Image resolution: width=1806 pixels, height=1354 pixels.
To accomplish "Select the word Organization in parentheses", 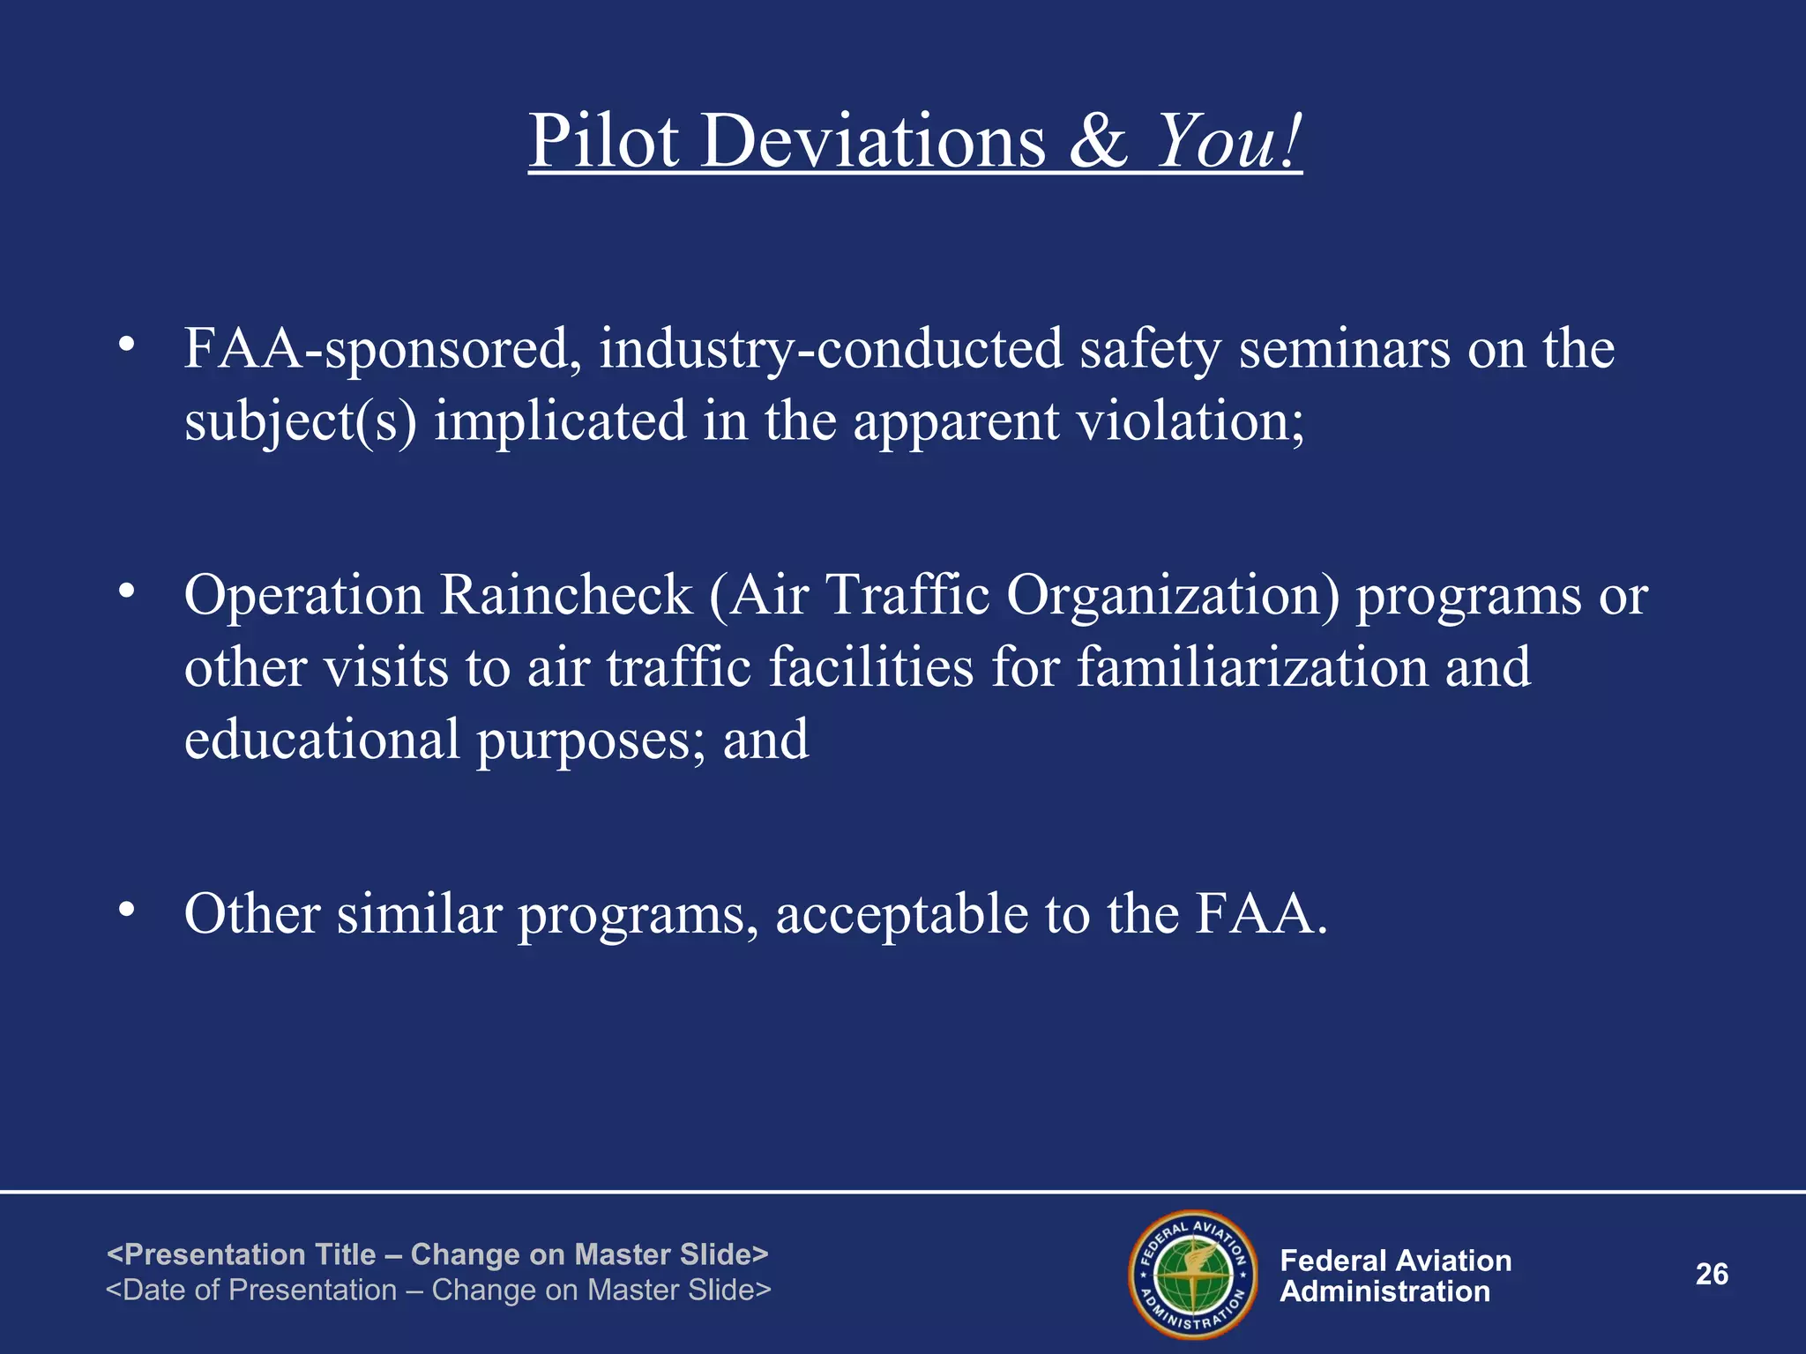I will tap(1173, 595).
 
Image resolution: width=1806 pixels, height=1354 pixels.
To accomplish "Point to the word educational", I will tap(322, 740).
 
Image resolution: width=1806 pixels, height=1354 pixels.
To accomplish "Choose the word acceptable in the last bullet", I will tap(901, 914).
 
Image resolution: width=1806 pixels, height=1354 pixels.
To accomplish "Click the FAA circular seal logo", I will tap(1193, 1275).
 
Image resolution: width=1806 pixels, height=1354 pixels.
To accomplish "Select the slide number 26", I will tap(1712, 1275).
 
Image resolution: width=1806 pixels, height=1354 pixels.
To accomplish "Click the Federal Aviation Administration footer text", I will tap(1395, 1276).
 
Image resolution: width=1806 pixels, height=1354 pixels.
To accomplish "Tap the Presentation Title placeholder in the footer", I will tap(437, 1254).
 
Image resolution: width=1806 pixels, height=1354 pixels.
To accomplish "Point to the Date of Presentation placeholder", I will tap(438, 1291).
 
